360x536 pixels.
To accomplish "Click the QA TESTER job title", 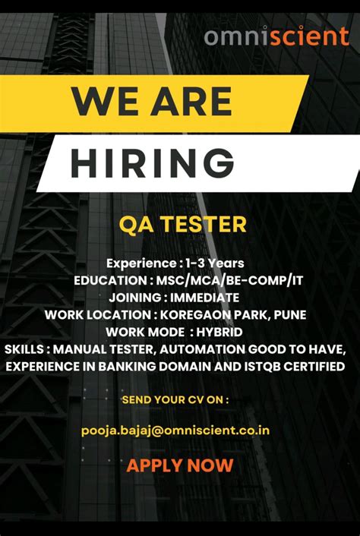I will click(x=182, y=224).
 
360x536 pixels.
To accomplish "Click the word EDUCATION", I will click(x=109, y=280).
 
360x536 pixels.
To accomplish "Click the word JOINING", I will click(x=135, y=297).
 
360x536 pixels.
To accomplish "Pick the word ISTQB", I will click(x=263, y=367).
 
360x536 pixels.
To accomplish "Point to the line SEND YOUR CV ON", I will click(x=175, y=399).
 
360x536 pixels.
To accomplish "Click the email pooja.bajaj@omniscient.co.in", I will click(x=175, y=430).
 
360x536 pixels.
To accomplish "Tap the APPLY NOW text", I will click(x=180, y=465).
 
